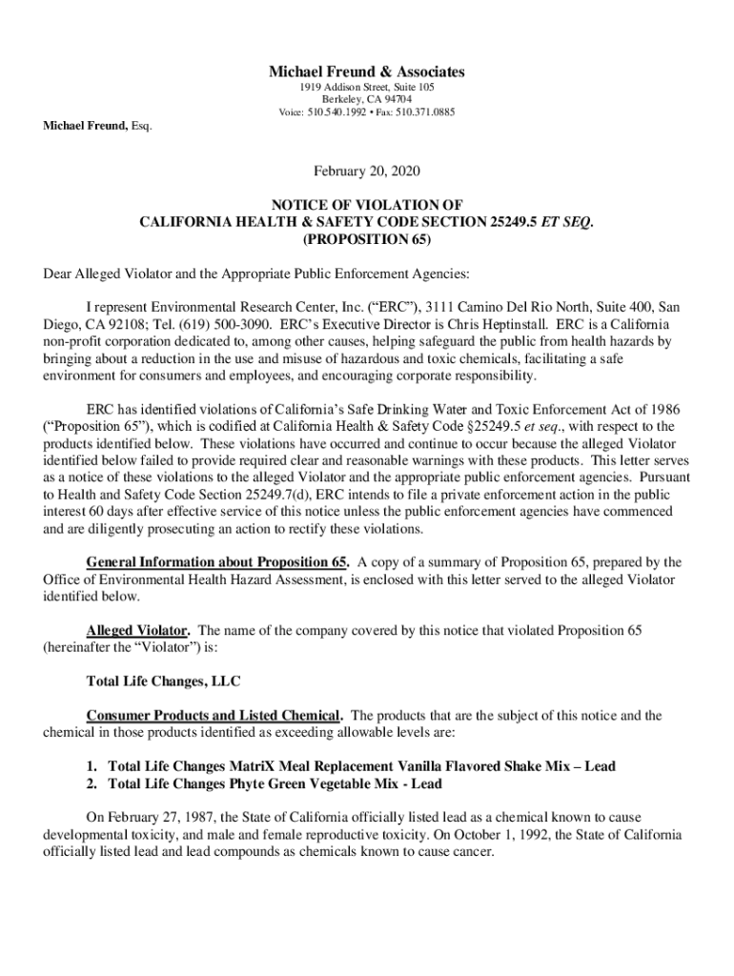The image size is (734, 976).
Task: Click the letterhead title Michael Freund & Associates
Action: pos(367,71)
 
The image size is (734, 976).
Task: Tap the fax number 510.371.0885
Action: pos(425,112)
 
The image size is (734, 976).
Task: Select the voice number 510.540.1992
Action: pos(339,112)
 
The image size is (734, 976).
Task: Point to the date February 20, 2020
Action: pos(367,172)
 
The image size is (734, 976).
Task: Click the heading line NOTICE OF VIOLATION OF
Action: pos(367,205)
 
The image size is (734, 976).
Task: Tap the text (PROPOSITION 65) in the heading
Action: pos(367,237)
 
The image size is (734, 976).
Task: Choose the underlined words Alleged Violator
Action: pos(138,631)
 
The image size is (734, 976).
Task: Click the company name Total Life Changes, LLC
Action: pos(163,681)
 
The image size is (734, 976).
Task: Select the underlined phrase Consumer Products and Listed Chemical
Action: pos(214,716)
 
